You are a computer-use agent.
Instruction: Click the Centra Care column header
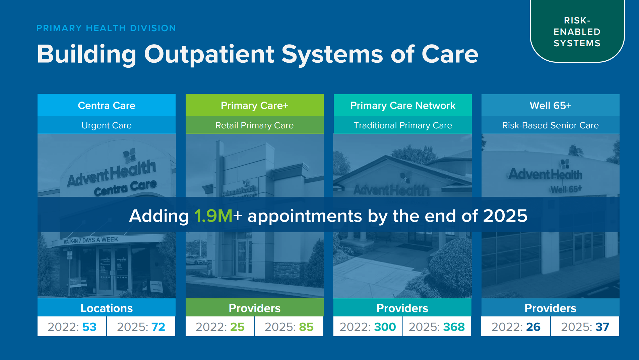point(107,106)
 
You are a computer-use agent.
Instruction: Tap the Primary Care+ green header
point(254,106)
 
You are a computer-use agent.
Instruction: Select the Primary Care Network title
point(402,106)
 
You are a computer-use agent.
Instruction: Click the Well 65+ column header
point(550,106)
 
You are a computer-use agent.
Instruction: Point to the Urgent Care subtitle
point(107,125)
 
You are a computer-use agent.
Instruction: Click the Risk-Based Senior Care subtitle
point(550,125)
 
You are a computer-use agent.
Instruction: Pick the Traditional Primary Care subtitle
point(402,125)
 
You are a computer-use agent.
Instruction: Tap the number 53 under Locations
point(89,327)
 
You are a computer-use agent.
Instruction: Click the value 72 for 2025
point(158,327)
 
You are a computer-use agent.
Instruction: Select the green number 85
point(306,327)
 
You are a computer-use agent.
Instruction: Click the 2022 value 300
point(385,327)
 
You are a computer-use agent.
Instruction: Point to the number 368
point(454,327)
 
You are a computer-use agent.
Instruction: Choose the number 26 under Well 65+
point(533,327)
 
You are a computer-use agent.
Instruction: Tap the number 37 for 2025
point(602,327)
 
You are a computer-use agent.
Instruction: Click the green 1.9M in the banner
point(213,216)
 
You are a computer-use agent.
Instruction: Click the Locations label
point(107,308)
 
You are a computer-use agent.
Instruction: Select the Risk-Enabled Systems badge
point(577,32)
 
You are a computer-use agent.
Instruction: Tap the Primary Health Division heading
point(106,28)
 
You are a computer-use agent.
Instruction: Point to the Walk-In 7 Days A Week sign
point(91,240)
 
